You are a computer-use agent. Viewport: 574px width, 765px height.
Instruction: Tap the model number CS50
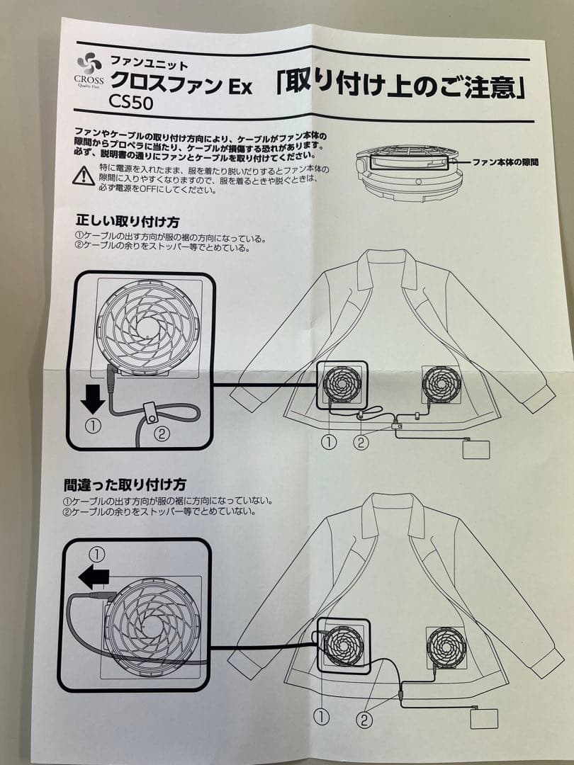click(130, 102)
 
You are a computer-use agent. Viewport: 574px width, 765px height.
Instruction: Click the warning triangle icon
click(84, 176)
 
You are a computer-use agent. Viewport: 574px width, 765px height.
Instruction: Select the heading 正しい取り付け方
click(128, 222)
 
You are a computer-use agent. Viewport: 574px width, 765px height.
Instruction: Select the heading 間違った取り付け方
click(125, 484)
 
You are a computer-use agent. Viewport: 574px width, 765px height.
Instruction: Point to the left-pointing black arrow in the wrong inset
click(94, 578)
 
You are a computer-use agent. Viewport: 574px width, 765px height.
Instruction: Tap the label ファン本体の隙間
click(505, 162)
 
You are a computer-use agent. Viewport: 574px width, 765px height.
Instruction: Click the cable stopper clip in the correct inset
click(151, 413)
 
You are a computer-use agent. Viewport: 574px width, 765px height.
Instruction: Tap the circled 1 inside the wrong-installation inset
click(98, 555)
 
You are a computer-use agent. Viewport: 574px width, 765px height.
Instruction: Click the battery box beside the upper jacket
click(476, 449)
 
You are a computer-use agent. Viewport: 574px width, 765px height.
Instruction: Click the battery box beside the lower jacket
click(484, 719)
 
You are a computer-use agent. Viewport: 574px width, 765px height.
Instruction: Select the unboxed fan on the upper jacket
click(441, 385)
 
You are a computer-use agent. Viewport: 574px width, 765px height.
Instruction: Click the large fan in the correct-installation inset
click(148, 326)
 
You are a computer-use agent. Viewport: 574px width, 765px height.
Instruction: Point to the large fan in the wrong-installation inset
click(152, 626)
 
